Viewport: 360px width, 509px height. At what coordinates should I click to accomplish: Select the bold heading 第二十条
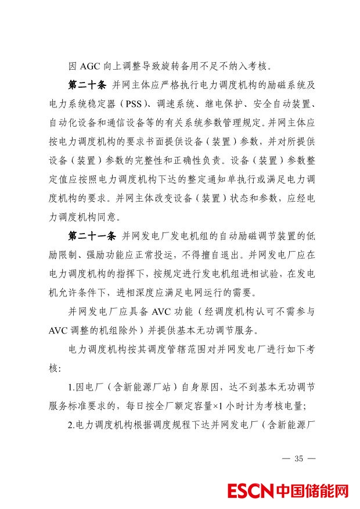(x=87, y=85)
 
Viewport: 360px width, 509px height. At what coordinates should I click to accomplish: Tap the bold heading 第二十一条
(x=93, y=236)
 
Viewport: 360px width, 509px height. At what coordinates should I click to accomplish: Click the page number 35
(x=299, y=458)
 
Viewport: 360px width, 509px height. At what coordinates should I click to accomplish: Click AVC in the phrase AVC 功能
(x=161, y=312)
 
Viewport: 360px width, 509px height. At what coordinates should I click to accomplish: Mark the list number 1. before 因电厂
(x=71, y=388)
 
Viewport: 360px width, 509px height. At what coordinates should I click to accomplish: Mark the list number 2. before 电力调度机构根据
(x=71, y=425)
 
